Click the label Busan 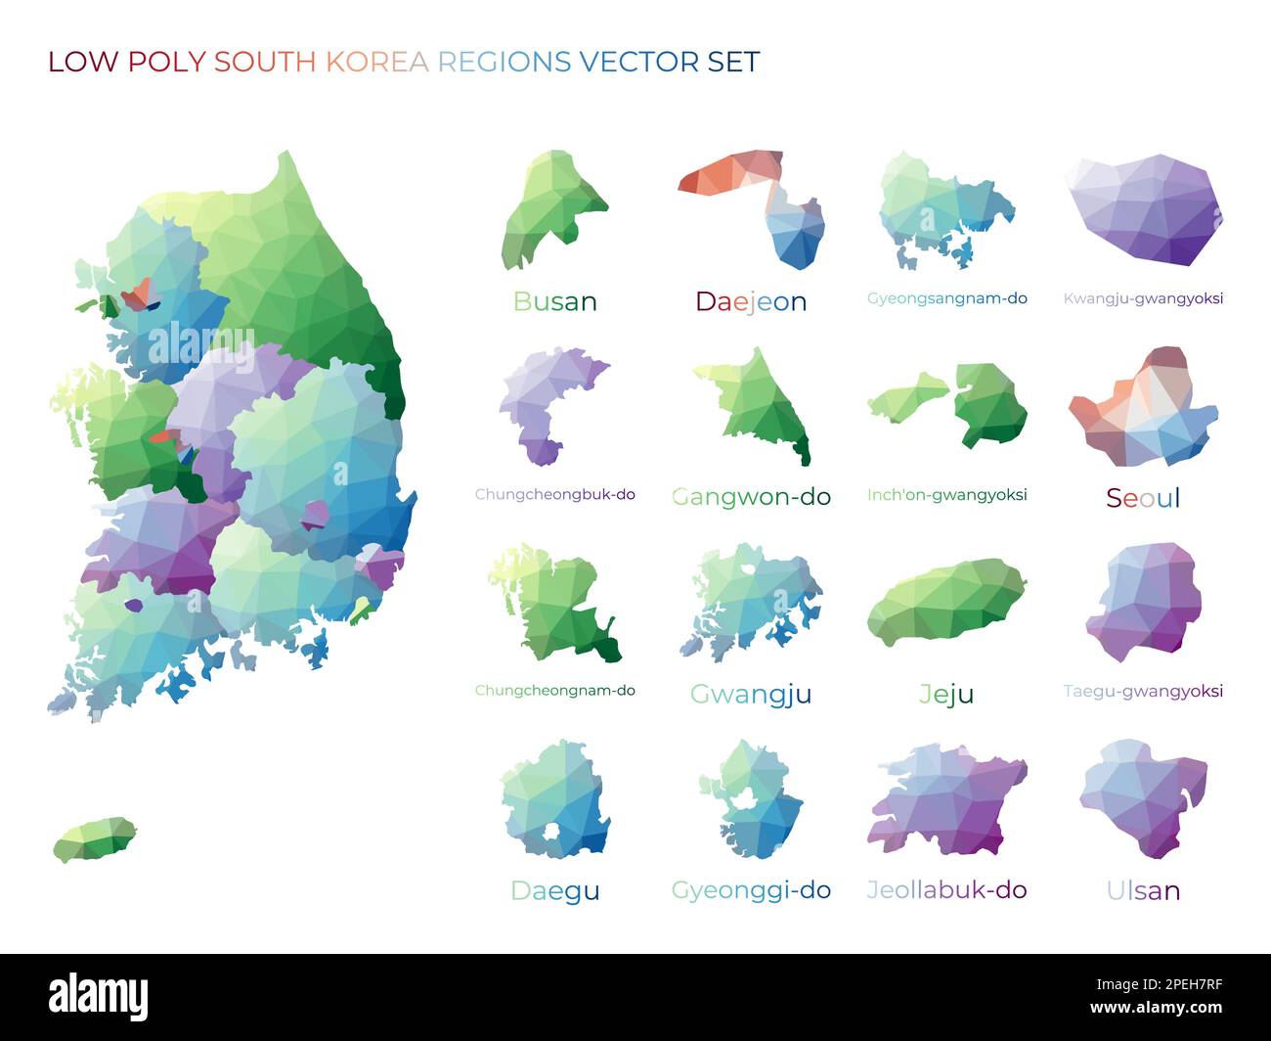[554, 301]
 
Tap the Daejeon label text [751, 301]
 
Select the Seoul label [1143, 498]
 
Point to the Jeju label [946, 694]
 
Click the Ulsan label [1143, 890]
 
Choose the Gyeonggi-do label [751, 890]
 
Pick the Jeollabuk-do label [946, 890]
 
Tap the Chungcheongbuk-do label [554, 495]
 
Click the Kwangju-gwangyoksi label [1143, 298]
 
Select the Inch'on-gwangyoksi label [946, 495]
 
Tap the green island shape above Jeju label [946, 602]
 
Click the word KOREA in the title [376, 62]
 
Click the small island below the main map [95, 839]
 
